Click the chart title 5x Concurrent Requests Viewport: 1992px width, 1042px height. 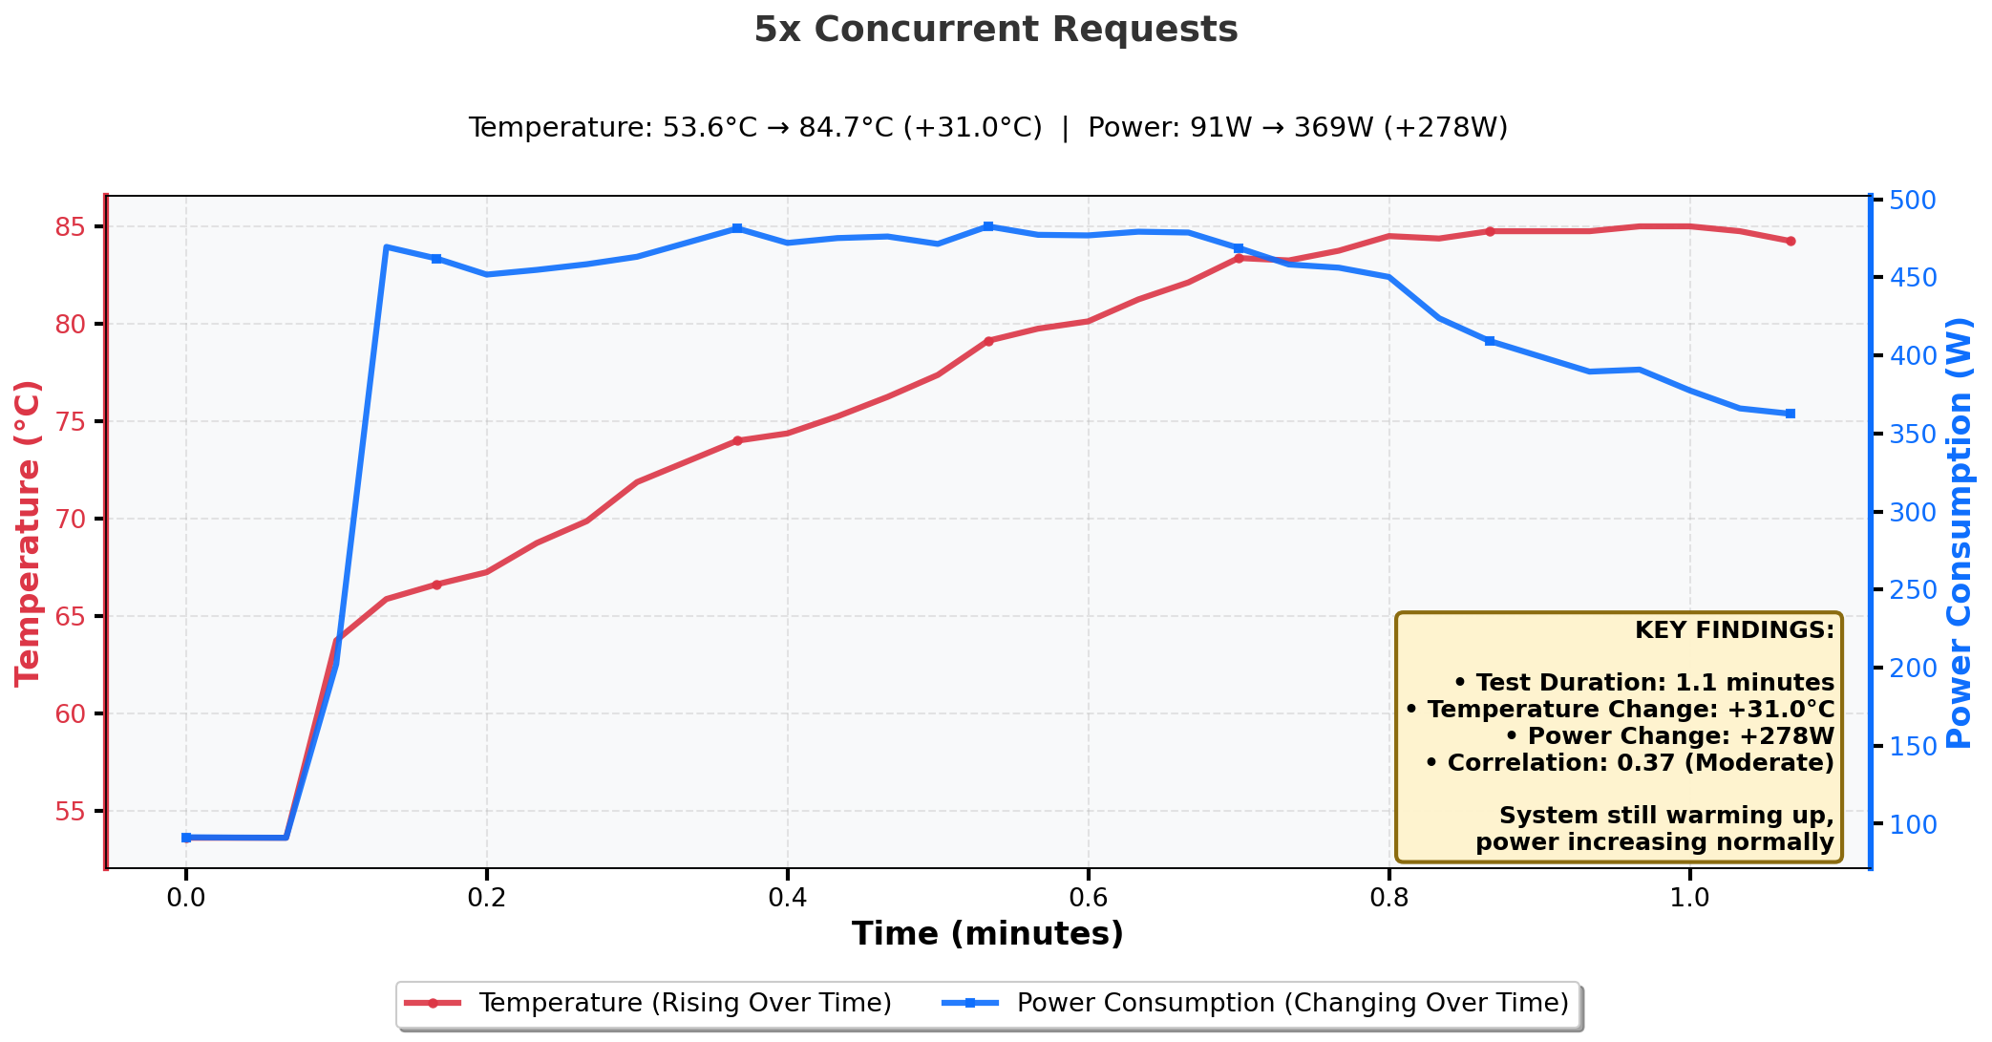[996, 30]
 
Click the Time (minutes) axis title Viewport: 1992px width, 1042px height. [987, 934]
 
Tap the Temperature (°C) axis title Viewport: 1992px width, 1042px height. [29, 533]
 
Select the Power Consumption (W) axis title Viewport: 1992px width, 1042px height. [1960, 533]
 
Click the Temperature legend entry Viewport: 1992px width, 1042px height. [648, 1004]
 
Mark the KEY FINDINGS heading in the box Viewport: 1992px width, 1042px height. [1734, 630]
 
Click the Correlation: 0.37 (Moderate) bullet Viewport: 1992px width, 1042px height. [1629, 763]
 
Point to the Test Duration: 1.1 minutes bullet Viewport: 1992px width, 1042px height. [1643, 683]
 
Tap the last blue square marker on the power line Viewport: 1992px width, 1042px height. [1791, 414]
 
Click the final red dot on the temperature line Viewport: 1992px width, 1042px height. [1791, 242]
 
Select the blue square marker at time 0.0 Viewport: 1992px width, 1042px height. [186, 838]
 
